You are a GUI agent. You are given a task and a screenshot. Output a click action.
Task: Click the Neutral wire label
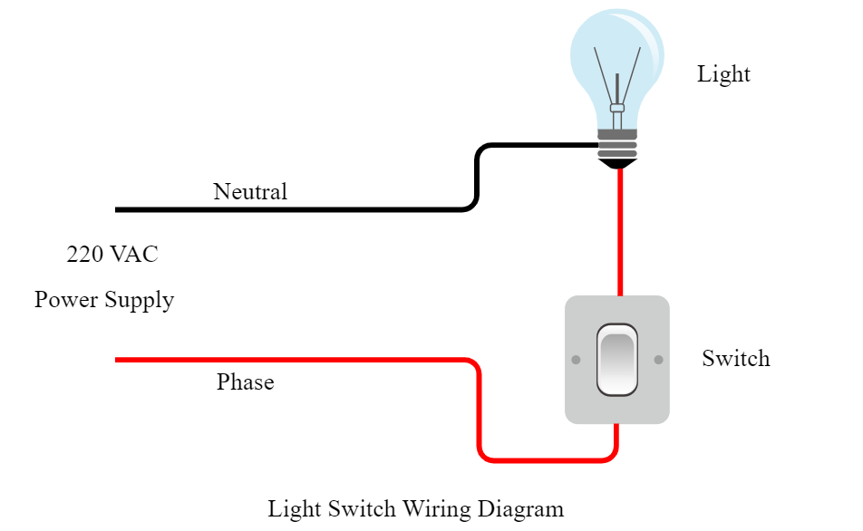250,192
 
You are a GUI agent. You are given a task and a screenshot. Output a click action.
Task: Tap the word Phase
245,382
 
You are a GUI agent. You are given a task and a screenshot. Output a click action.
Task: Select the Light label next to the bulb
723,74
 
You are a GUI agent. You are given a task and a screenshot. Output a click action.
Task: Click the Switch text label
735,359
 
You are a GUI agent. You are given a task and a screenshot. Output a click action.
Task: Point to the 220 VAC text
112,255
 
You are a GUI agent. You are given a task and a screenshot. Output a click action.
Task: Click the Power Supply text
104,300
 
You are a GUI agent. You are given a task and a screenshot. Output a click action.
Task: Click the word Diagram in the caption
527,508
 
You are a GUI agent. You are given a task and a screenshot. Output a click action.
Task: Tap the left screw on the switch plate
576,361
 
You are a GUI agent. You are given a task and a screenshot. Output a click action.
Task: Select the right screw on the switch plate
658,361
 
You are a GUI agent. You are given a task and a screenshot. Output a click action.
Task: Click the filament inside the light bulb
617,82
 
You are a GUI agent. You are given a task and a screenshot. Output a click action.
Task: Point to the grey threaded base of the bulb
617,143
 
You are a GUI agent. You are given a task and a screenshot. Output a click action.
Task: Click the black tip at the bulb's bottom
617,164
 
